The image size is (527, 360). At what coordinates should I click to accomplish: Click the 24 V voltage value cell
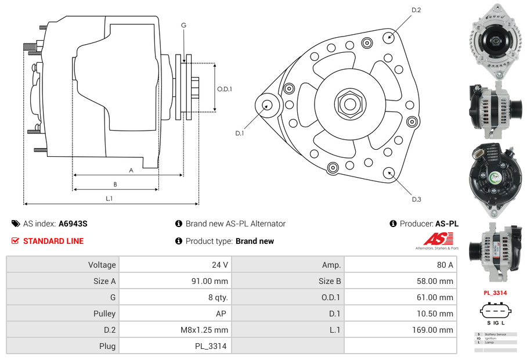coord(219,265)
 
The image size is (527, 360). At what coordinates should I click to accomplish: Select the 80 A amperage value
coord(445,265)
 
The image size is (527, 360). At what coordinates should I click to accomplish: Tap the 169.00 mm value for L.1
coord(438,330)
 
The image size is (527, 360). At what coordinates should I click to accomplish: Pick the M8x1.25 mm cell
coord(204,330)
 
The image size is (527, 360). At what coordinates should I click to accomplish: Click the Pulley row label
coord(104,314)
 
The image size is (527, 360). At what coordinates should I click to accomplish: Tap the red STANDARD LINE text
coord(53,241)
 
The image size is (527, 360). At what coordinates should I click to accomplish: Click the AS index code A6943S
coord(73,224)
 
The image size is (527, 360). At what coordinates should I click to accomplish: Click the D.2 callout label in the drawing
coord(416,10)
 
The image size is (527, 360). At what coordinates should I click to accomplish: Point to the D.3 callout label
coord(416,199)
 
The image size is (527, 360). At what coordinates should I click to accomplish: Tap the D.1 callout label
coord(239,133)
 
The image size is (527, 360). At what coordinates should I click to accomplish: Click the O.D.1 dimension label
coord(225,89)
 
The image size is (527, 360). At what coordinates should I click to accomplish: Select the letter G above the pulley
coord(183,25)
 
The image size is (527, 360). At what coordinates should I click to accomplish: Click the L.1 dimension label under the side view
coord(109,198)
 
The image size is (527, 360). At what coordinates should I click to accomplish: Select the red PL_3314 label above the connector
coord(495,293)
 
